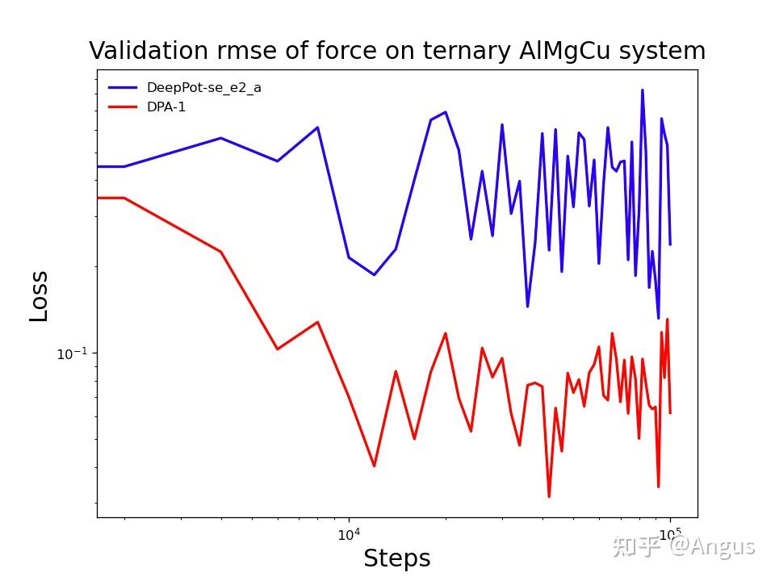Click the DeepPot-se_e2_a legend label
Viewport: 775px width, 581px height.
[203, 88]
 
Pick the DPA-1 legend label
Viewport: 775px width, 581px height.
[165, 107]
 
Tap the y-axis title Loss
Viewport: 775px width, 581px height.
[39, 297]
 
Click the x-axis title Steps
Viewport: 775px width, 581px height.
[396, 558]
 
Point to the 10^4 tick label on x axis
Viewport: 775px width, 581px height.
[348, 533]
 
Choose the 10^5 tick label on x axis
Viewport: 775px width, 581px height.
[669, 533]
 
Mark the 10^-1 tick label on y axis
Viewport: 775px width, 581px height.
[71, 353]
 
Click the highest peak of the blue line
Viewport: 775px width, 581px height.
[643, 90]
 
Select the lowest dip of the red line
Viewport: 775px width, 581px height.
[549, 496]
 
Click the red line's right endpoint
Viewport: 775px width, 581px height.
[670, 412]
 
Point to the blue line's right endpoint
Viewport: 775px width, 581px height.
[670, 244]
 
